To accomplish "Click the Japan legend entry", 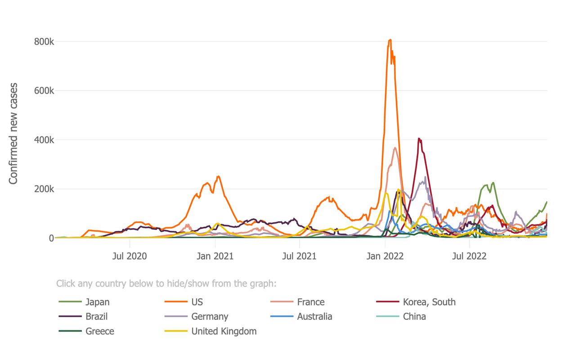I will click(x=97, y=302).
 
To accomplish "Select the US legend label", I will click(x=197, y=302).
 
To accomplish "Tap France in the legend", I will click(x=310, y=302).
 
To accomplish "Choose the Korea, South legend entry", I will click(x=429, y=302).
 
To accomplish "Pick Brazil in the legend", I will click(x=96, y=316).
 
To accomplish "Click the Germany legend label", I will click(x=210, y=316).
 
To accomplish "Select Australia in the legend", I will click(x=314, y=316).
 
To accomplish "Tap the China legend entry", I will click(x=414, y=316).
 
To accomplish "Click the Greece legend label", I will click(x=100, y=331).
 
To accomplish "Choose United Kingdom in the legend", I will click(x=224, y=331).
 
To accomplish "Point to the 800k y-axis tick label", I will click(x=44, y=42).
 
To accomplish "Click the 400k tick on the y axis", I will click(x=44, y=140).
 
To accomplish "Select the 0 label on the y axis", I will click(x=51, y=238).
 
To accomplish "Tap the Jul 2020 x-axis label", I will click(x=130, y=256).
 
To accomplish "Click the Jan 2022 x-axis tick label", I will click(x=385, y=256).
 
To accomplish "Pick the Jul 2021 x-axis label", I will click(x=300, y=256).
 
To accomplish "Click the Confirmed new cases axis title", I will click(x=13, y=133).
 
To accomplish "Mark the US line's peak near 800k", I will click(x=390, y=40).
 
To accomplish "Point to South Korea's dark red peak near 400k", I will click(x=419, y=139).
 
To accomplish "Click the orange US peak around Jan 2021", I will click(x=218, y=176).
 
